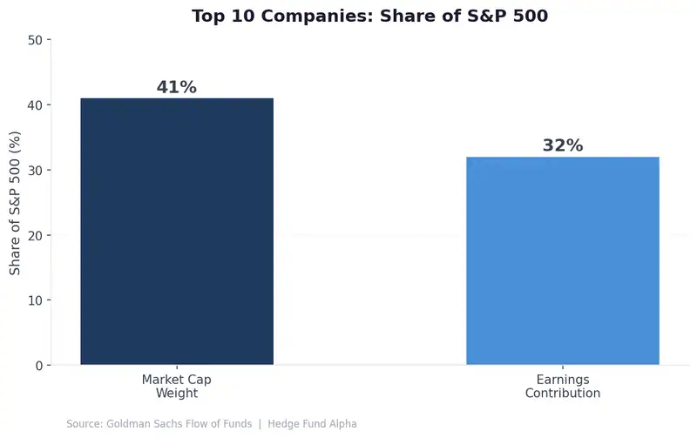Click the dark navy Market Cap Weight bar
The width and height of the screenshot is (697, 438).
coord(177,232)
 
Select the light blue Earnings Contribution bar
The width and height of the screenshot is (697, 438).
coord(563,261)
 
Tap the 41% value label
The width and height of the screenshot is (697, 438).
coord(177,87)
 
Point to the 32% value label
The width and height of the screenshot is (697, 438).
coord(563,145)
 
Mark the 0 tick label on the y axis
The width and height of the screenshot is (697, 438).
coord(38,366)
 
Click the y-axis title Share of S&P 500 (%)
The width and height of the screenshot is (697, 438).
coord(16,203)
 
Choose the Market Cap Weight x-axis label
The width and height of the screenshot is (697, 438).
coord(177,387)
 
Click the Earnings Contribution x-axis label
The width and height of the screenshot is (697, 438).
coord(563,387)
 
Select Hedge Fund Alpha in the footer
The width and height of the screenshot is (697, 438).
coord(313,424)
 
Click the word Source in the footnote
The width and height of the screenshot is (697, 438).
coord(83,424)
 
